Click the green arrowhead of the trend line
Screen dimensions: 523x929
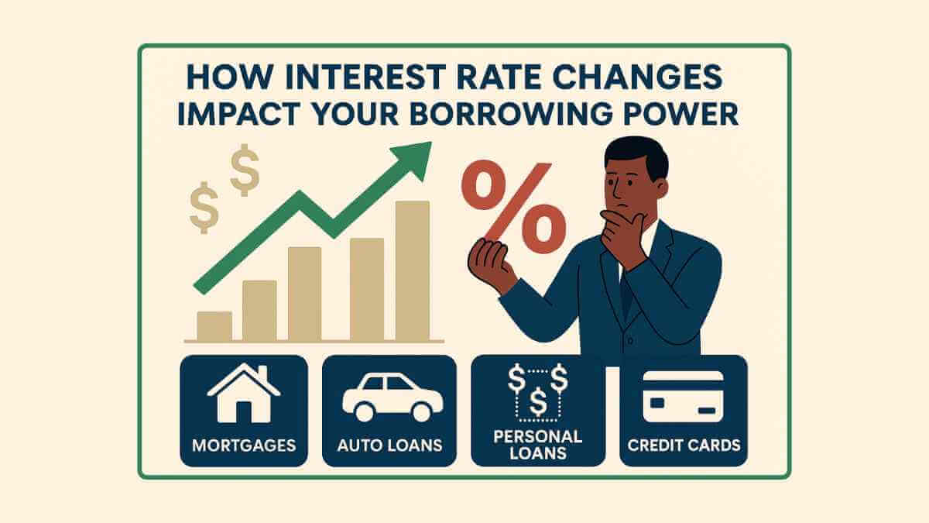[414, 155]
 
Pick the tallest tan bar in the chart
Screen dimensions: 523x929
[412, 271]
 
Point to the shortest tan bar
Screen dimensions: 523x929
[214, 325]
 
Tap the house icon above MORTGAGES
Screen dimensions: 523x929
[243, 394]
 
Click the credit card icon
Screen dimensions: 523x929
[683, 396]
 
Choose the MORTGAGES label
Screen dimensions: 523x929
[243, 446]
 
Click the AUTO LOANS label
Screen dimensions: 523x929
[390, 446]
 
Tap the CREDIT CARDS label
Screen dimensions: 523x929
[684, 446]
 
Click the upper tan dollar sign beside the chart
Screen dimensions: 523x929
[245, 170]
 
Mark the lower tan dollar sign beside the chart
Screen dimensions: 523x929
[203, 207]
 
